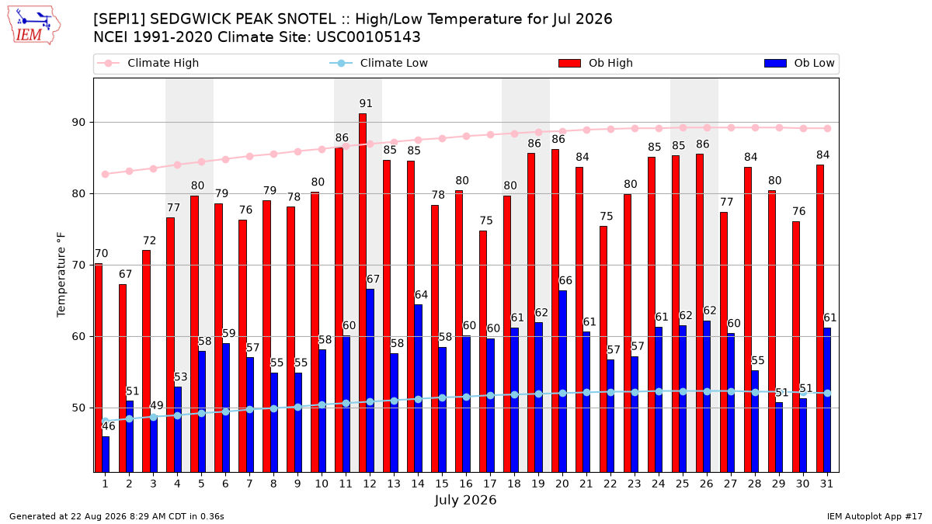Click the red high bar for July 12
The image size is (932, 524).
tap(363, 293)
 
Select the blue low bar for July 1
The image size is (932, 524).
tap(106, 454)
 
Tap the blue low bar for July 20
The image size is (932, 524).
tap(562, 381)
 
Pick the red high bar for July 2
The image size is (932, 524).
tap(123, 379)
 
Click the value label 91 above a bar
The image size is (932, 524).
tap(366, 103)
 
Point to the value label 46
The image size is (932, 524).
tap(109, 426)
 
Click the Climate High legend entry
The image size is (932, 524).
tap(148, 63)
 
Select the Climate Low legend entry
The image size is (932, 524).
tap(378, 63)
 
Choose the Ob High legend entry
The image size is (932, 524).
tap(596, 63)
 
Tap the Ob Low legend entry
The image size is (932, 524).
tap(799, 63)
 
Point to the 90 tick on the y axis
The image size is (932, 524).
tap(78, 123)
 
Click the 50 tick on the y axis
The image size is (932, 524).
tap(78, 408)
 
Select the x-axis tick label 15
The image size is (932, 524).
tap(442, 484)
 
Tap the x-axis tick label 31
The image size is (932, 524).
tap(826, 484)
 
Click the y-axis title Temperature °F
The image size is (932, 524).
tap(61, 275)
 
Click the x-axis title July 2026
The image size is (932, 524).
tap(465, 500)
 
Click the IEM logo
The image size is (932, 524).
tap(34, 26)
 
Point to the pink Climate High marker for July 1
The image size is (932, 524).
tap(106, 174)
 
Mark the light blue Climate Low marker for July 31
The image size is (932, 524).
tap(827, 393)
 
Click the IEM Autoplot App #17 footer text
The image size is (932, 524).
tap(875, 516)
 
